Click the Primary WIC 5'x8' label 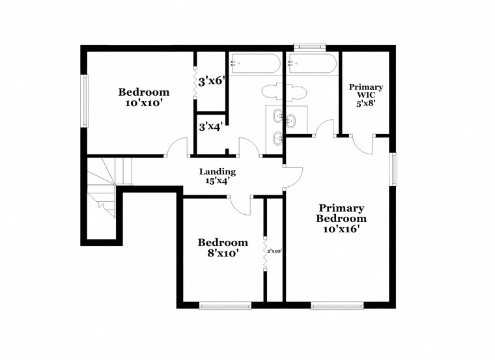(365, 94)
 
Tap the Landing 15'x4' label (218, 176)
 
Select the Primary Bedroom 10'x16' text (341, 218)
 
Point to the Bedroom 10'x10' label (143, 98)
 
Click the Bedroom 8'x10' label (223, 247)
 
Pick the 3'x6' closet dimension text (212, 81)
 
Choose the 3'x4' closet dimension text (211, 127)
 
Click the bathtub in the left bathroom (255, 64)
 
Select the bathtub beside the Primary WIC (312, 64)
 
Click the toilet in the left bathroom (271, 90)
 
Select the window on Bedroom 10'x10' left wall (84, 101)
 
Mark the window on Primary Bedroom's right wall (393, 169)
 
